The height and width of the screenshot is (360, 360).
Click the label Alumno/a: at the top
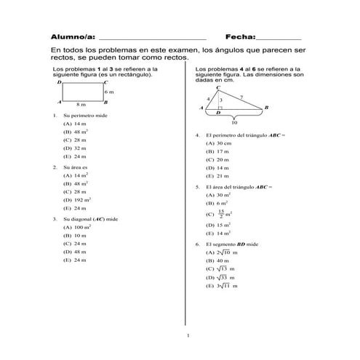pos(73,36)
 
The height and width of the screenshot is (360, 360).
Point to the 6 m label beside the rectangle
pos(109,92)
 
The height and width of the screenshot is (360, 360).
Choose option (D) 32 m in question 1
pos(75,148)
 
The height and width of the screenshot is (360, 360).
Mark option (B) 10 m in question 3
pos(75,236)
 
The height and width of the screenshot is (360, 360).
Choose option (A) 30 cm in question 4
pos(218,143)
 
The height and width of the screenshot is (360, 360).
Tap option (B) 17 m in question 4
pos(217,151)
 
